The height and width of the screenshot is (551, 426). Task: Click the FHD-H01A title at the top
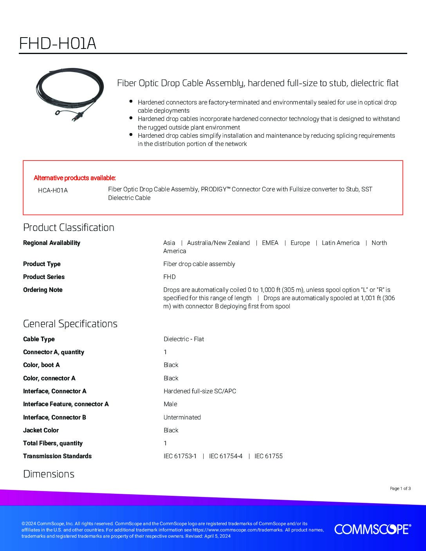click(58, 44)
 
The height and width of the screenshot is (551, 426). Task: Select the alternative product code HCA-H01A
click(53, 191)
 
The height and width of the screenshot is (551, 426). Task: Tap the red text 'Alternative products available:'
click(75, 178)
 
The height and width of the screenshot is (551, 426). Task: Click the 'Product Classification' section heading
click(69, 227)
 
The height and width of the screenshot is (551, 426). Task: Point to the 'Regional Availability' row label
click(52, 243)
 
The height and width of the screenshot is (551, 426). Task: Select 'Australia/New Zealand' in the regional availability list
click(218, 243)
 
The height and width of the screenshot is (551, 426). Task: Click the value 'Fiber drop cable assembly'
click(199, 264)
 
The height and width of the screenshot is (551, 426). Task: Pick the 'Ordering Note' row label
click(43, 290)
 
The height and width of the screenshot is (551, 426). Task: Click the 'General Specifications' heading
click(70, 324)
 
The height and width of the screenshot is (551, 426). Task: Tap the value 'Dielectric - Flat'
click(184, 339)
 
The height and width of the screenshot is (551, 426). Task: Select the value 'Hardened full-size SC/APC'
click(200, 391)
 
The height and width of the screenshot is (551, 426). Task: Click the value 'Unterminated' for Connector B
click(182, 418)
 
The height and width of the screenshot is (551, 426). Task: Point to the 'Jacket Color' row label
click(41, 430)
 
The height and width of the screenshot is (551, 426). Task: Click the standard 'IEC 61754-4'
click(226, 456)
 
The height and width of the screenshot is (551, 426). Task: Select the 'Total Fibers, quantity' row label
click(53, 443)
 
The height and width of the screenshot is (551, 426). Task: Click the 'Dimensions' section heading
click(49, 474)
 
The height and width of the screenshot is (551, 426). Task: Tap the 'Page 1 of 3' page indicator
click(400, 488)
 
